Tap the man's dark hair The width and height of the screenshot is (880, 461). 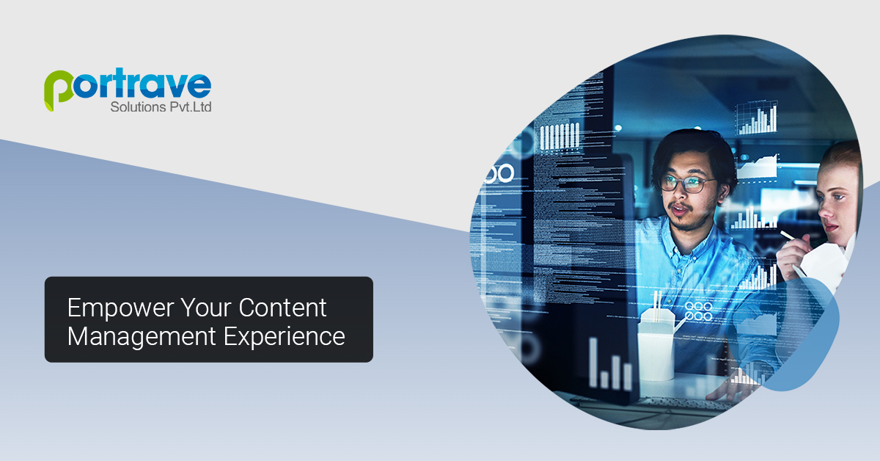pyautogui.click(x=693, y=147)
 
